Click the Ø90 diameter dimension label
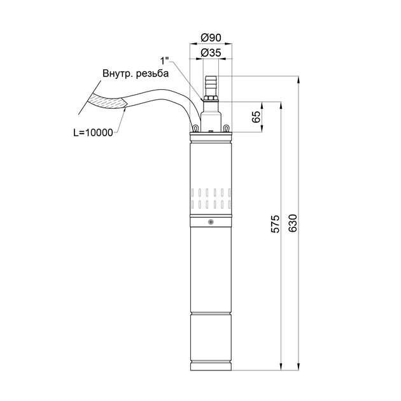[211, 38]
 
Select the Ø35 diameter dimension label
[211, 53]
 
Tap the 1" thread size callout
[164, 61]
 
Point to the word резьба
[152, 73]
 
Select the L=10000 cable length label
[93, 132]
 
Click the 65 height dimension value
[257, 117]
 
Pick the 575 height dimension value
[276, 224]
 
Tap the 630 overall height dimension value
[293, 223]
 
